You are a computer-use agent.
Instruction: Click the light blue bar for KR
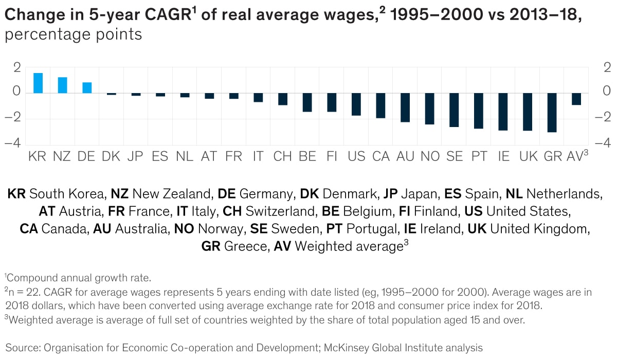[38, 83]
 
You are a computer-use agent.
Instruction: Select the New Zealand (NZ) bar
[63, 85]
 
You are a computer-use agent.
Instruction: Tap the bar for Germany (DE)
[87, 87]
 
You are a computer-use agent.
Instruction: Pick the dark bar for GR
[552, 113]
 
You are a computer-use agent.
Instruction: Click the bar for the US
[356, 104]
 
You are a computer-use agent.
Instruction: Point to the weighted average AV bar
[576, 99]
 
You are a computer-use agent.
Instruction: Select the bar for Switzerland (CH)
[282, 99]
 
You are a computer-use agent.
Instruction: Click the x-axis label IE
[503, 156]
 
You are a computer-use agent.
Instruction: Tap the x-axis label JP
[135, 156]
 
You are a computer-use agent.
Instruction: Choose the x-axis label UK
[528, 156]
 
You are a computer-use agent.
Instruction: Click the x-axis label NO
[430, 156]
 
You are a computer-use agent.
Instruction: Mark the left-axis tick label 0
[17, 93]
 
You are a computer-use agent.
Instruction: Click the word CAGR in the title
[167, 16]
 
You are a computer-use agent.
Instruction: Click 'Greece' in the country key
[246, 246]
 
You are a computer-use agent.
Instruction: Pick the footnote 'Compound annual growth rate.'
[79, 278]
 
